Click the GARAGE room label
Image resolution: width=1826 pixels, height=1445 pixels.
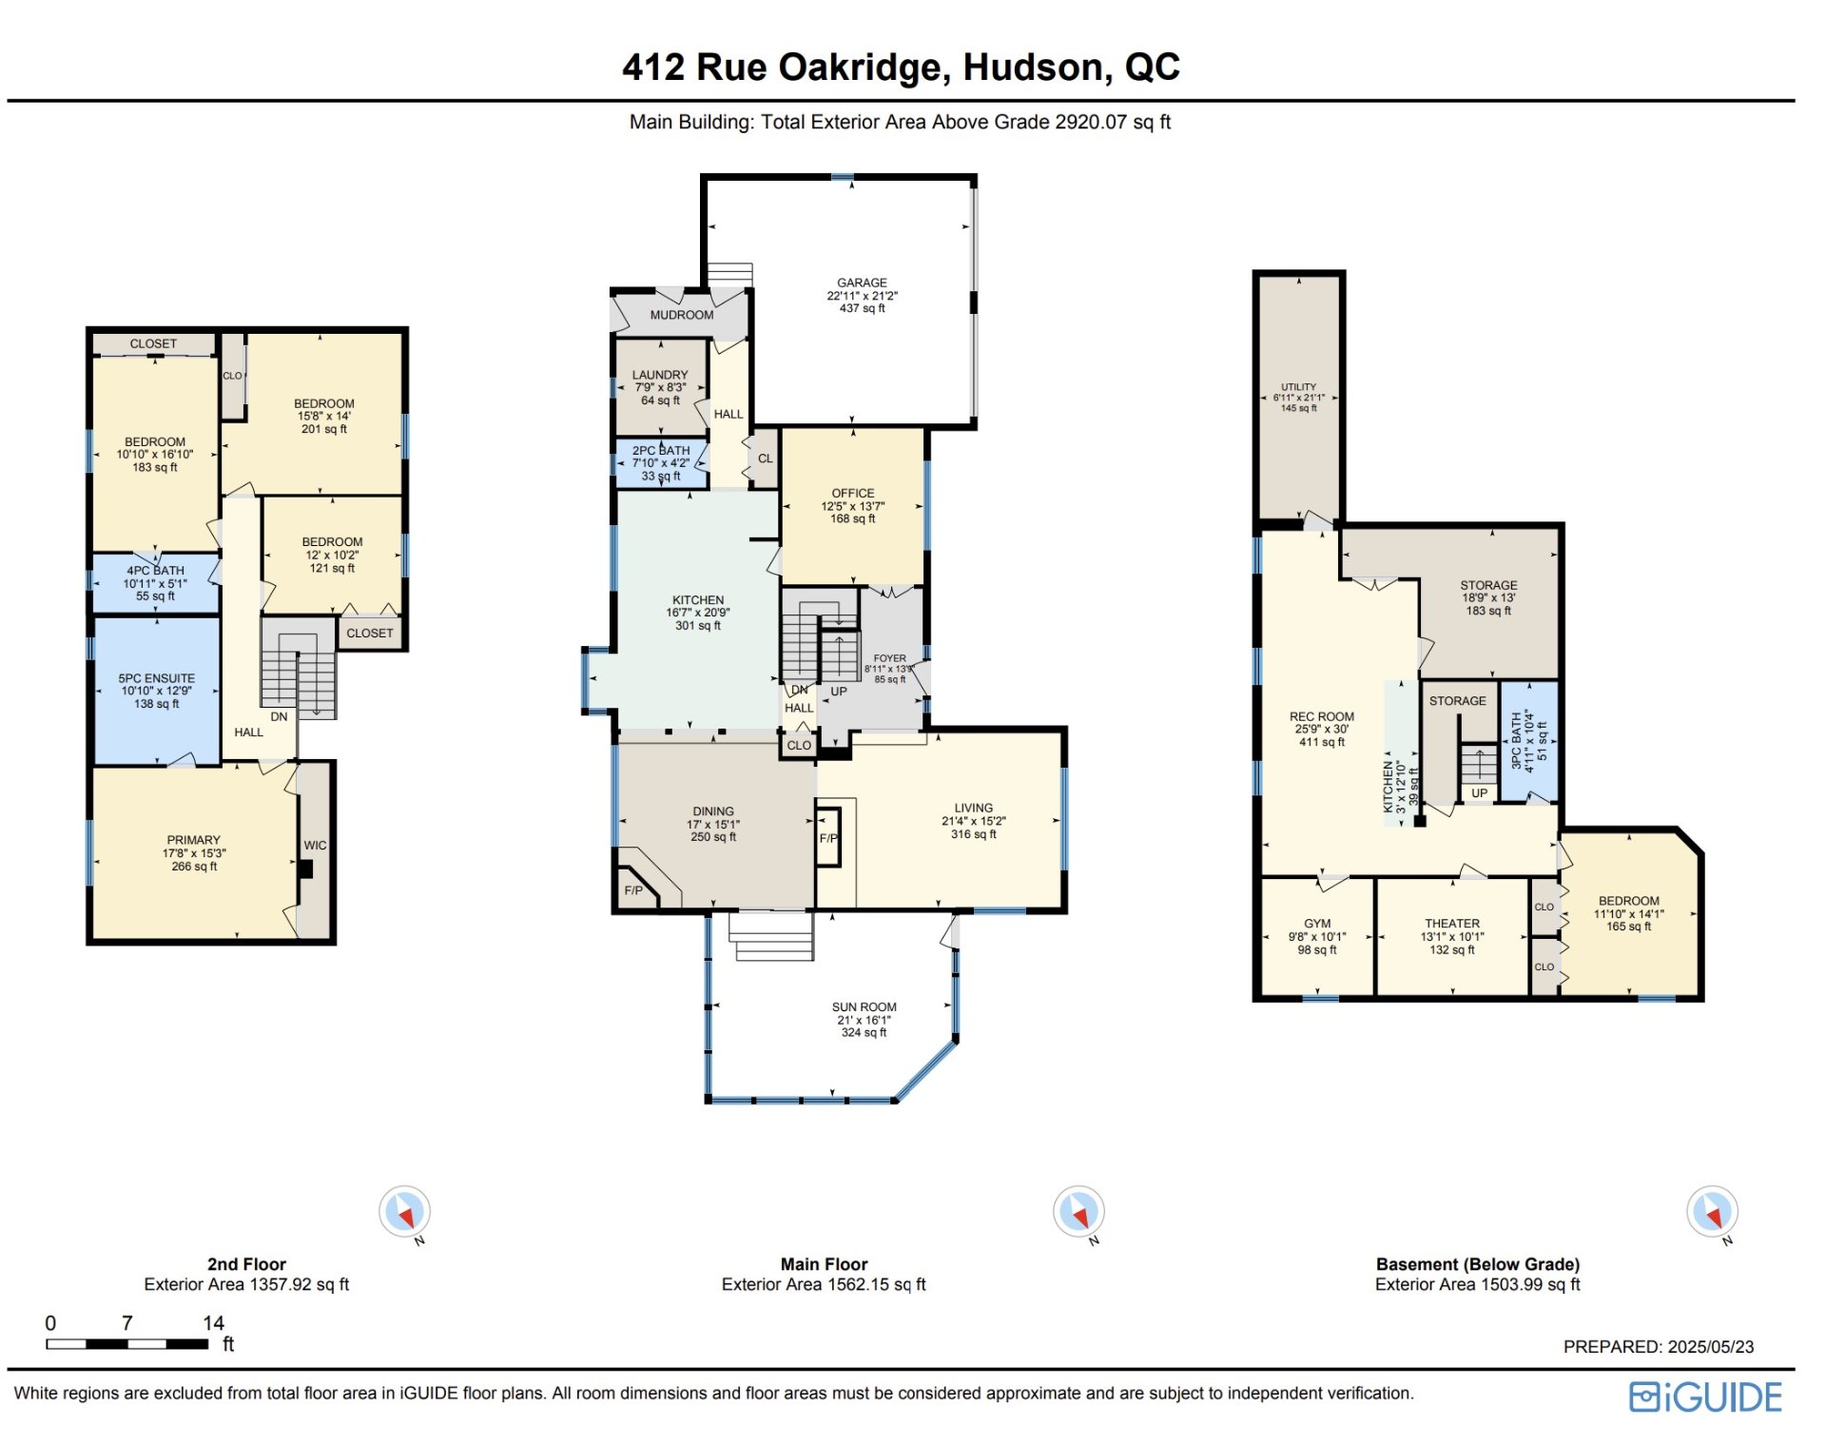(x=862, y=283)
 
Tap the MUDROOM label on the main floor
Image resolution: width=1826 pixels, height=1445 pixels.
(x=682, y=315)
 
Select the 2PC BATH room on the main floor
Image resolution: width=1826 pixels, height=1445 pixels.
(x=662, y=463)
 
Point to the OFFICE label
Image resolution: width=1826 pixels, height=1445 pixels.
(x=853, y=494)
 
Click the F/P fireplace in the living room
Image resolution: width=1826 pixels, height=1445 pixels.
(x=828, y=837)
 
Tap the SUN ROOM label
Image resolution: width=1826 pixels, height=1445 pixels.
(x=864, y=1007)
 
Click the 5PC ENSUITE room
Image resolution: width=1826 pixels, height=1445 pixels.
(x=157, y=691)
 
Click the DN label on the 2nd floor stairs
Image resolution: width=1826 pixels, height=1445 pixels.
(x=279, y=717)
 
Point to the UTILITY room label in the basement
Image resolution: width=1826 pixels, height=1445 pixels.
(x=1298, y=387)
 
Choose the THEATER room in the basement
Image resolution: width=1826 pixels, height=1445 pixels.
(x=1452, y=937)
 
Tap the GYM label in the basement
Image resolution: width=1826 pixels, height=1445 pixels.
(x=1317, y=924)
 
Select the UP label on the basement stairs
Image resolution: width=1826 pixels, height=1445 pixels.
(x=1479, y=793)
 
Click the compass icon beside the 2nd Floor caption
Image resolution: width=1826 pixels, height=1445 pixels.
(x=405, y=1212)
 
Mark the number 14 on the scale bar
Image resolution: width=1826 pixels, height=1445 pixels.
(x=213, y=1323)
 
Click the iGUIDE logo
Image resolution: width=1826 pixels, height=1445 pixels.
(x=1705, y=1396)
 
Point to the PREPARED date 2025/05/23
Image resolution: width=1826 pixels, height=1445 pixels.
(x=1711, y=1347)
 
